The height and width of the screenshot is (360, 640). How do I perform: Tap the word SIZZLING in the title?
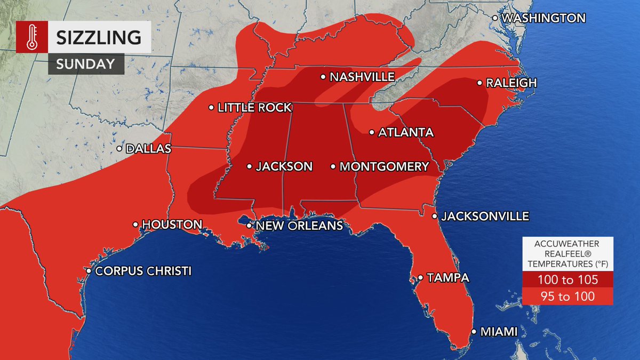(99, 37)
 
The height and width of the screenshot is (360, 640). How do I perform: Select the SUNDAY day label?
(86, 63)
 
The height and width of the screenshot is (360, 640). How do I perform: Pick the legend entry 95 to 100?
(567, 297)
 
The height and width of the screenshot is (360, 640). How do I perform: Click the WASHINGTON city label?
(543, 18)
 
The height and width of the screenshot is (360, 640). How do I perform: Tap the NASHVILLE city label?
(362, 77)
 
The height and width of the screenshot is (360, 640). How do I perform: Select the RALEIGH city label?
(510, 83)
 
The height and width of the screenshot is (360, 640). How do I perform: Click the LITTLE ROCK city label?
(254, 108)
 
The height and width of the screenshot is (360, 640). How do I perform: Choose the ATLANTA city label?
(405, 132)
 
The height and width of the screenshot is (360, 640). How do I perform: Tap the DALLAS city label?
(148, 149)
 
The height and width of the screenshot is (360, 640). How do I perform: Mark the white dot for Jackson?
(249, 166)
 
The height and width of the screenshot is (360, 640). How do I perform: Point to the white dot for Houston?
(135, 225)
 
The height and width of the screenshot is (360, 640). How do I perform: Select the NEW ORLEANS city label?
(299, 226)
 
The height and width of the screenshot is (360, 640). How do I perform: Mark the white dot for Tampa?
(420, 278)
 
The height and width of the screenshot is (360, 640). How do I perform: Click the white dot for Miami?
(474, 332)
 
